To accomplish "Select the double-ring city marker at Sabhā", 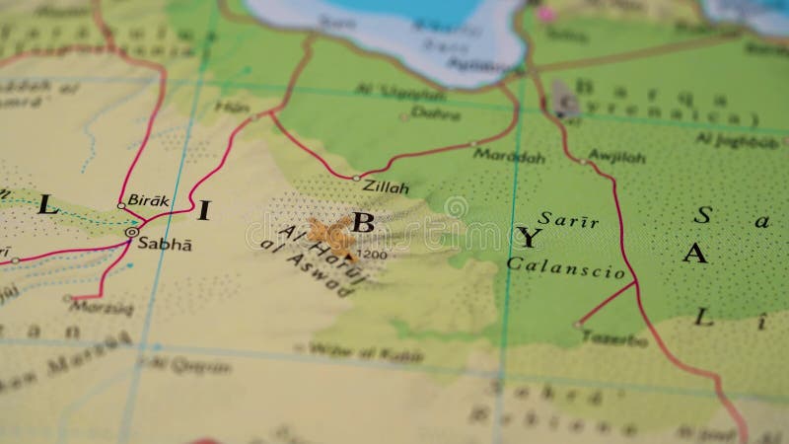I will pos(131,232).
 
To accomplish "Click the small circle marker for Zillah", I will pos(356,178).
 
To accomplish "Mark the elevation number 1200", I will pos(374,256).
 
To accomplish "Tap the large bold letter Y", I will pos(530,237).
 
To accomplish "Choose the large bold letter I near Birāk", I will pos(204,208).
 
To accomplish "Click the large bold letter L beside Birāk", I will pos(47,206).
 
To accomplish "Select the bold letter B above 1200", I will pos(362,222).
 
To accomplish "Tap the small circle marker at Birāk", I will pos(121,205).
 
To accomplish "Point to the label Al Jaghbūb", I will pos(732,139).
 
